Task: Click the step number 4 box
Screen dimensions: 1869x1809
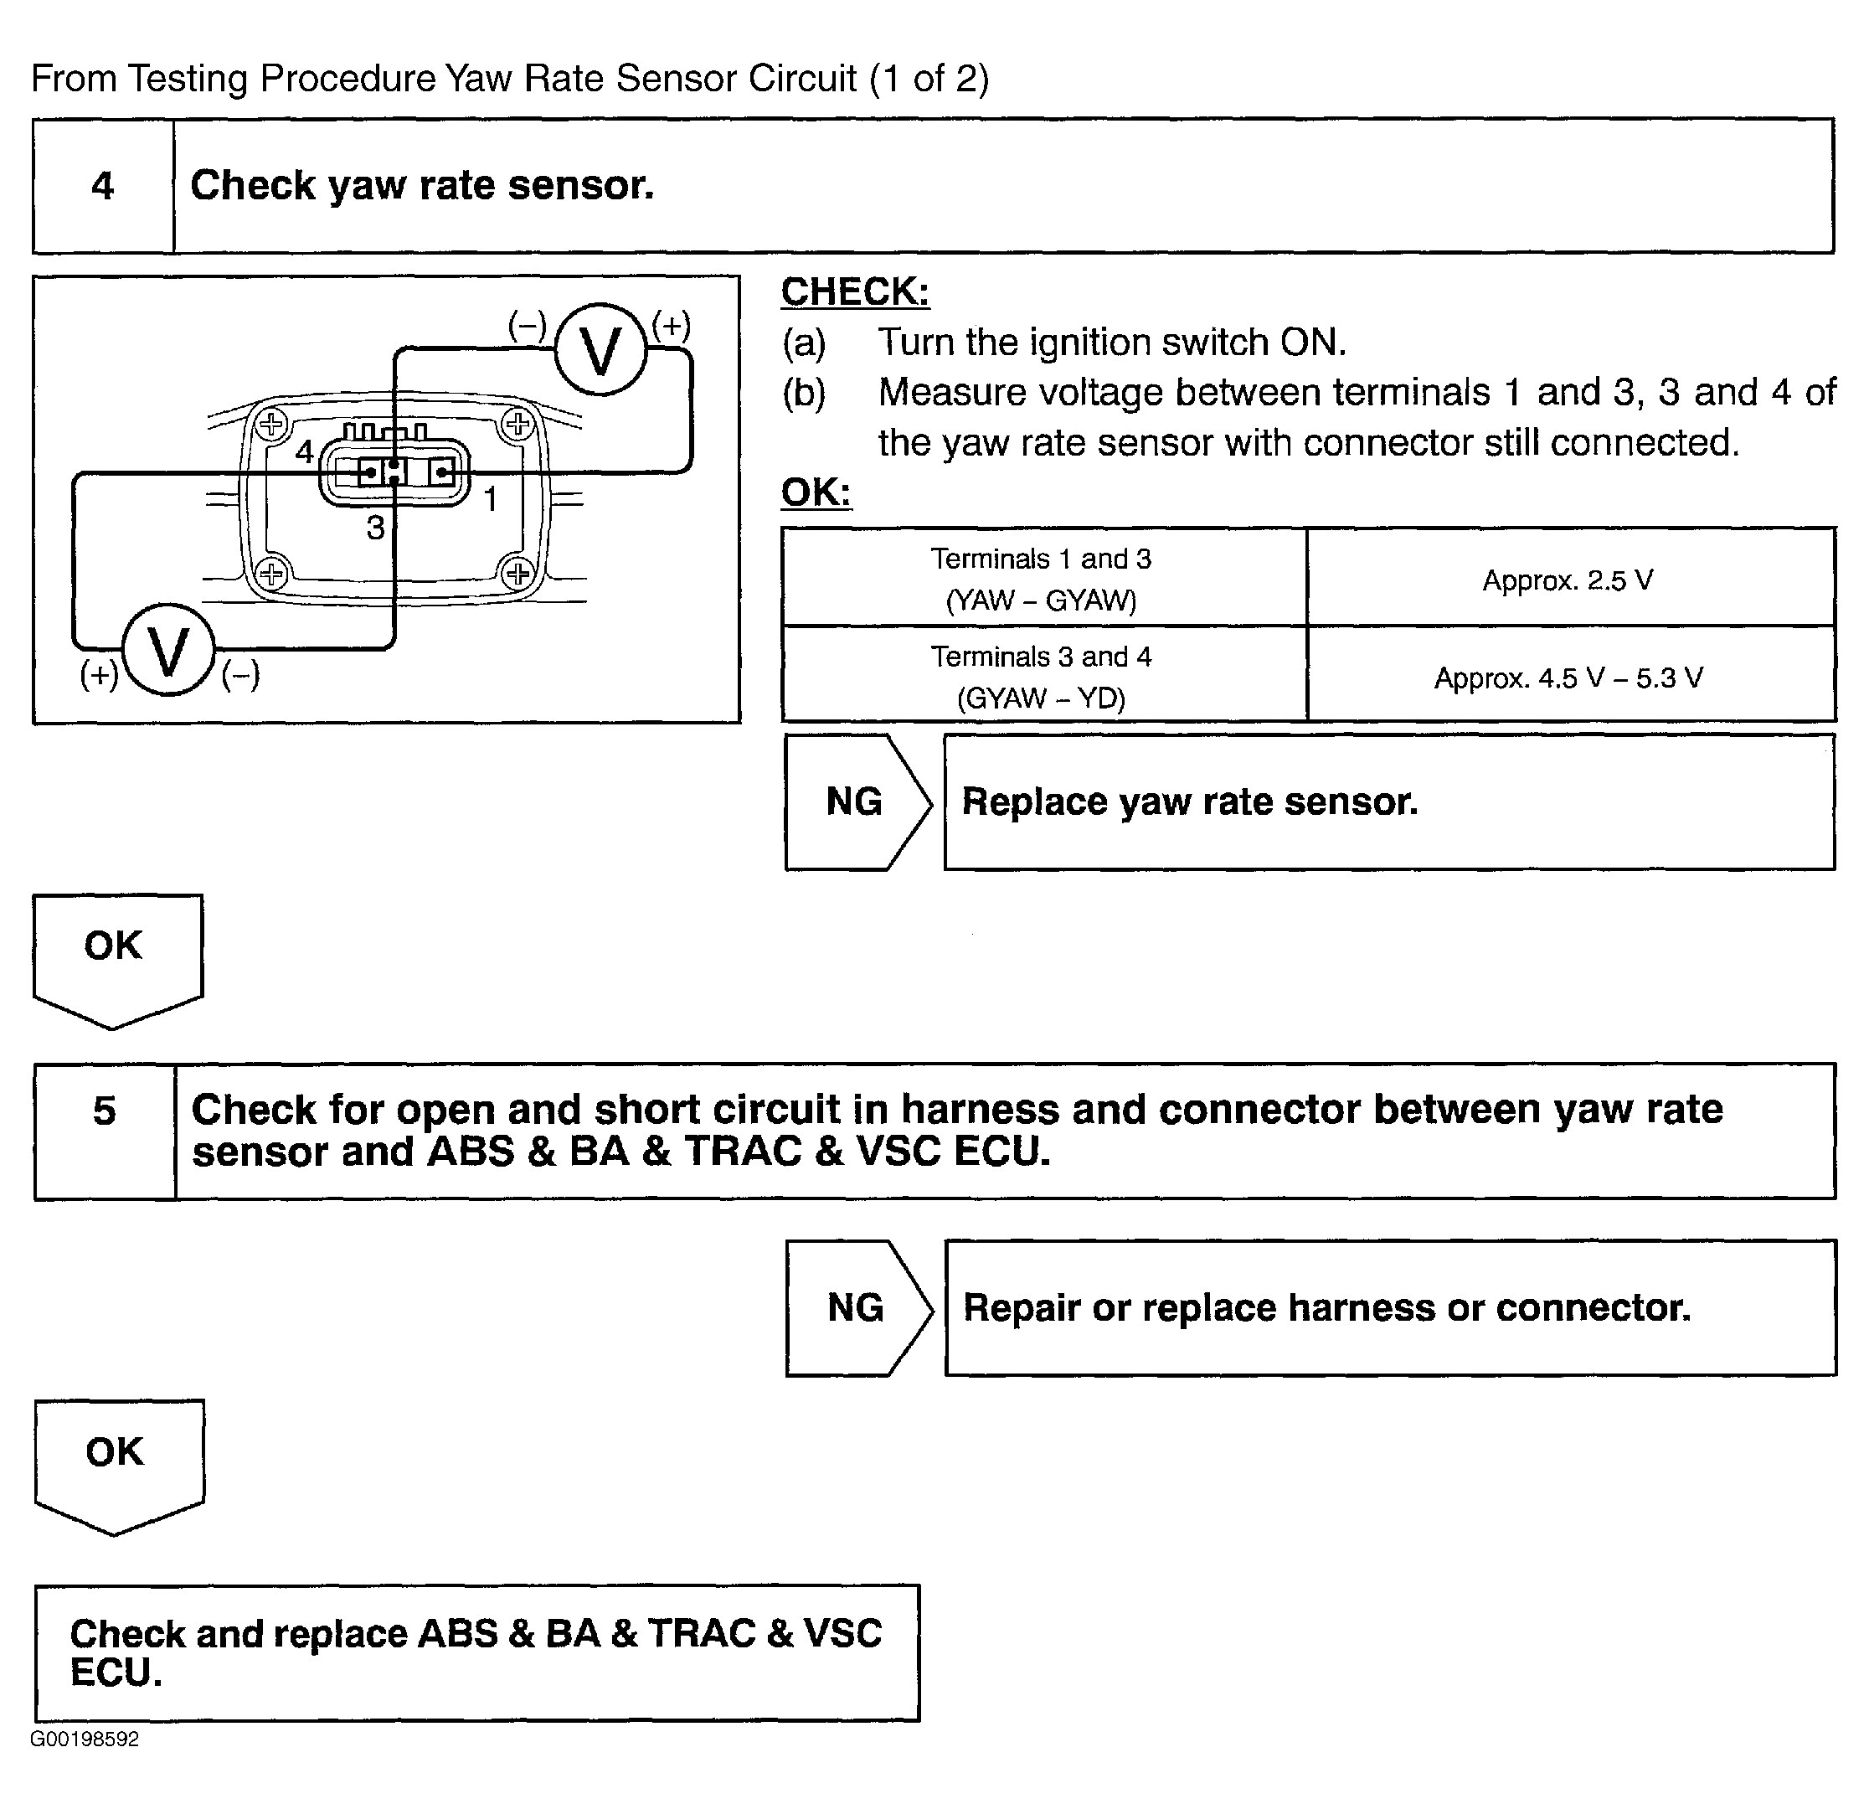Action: (x=103, y=186)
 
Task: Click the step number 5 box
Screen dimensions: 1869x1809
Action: (x=105, y=1131)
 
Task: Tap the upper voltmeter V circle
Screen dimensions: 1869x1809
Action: (x=600, y=350)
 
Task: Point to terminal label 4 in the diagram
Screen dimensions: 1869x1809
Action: (x=304, y=451)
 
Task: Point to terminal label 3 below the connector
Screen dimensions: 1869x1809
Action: (x=376, y=528)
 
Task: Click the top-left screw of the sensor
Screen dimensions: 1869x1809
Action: (x=272, y=425)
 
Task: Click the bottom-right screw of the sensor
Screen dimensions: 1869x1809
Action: (x=517, y=574)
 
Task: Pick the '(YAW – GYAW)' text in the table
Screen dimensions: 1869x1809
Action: (x=1042, y=600)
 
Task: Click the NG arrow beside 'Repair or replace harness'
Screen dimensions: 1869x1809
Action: (x=857, y=1308)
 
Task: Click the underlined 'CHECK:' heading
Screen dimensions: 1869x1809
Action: (x=855, y=291)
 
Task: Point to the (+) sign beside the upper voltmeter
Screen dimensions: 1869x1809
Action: (x=672, y=326)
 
